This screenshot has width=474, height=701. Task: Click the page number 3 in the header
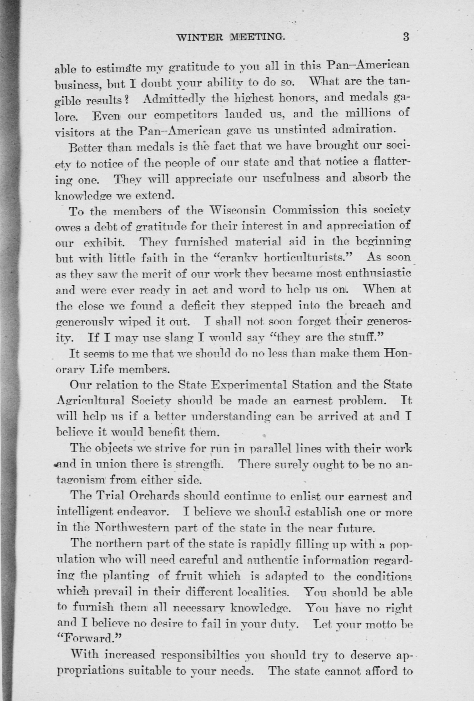pos(405,37)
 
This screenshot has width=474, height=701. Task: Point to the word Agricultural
pos(90,401)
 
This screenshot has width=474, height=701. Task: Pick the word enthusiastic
pos(378,274)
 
